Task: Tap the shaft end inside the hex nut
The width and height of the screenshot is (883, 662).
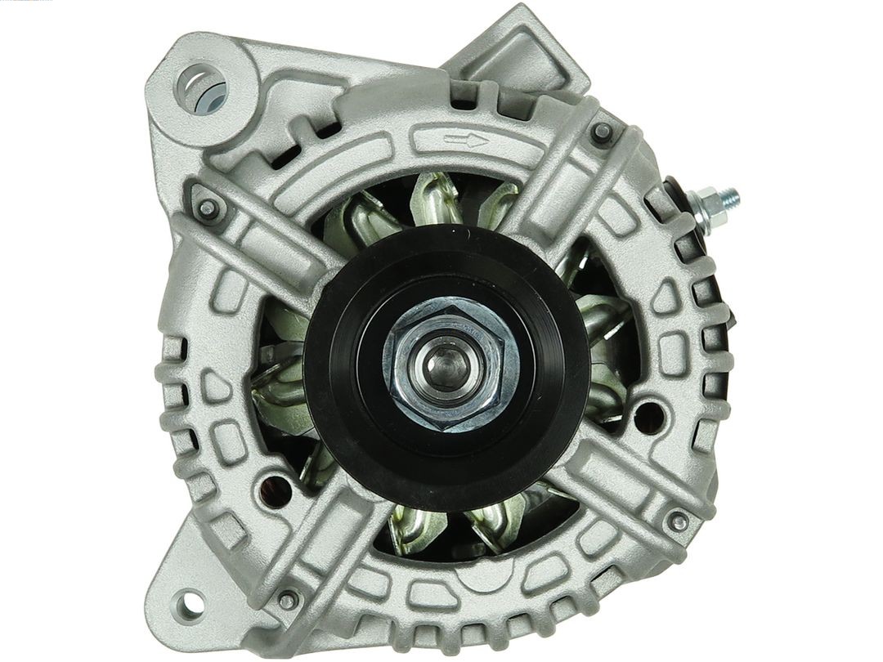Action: tap(446, 360)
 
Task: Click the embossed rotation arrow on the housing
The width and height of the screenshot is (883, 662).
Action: tap(465, 140)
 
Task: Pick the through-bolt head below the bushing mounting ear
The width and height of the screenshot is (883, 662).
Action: tap(207, 208)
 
